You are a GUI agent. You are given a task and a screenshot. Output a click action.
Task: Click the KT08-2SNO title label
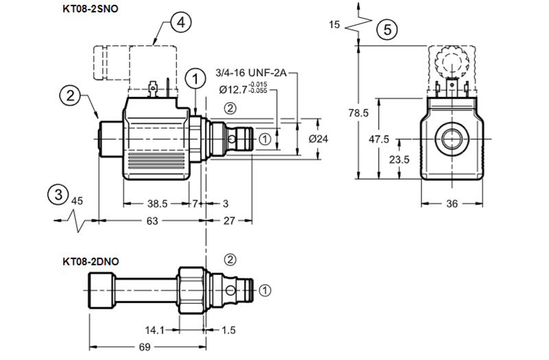click(x=91, y=8)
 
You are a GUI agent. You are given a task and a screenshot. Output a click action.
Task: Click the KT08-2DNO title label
click(x=91, y=261)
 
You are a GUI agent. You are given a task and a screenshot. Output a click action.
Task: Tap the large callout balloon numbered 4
click(x=181, y=23)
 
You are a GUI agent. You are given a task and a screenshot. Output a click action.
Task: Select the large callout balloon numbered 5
click(x=387, y=29)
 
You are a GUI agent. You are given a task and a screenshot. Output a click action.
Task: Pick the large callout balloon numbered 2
click(x=70, y=95)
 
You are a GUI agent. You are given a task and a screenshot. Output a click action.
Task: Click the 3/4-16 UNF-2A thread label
click(x=251, y=73)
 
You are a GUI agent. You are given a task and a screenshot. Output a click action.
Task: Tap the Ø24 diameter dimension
click(x=318, y=139)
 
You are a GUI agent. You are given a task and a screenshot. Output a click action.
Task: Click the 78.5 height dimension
click(x=358, y=112)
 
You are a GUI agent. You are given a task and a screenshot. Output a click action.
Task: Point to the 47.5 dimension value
click(x=379, y=139)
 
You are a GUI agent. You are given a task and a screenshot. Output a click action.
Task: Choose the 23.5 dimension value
click(x=399, y=160)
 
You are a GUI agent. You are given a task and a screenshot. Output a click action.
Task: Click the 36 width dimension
click(x=452, y=204)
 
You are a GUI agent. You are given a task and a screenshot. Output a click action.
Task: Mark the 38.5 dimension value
click(x=157, y=203)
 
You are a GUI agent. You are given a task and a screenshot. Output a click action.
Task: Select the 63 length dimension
click(x=152, y=221)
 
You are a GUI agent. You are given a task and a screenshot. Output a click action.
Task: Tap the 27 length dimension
click(x=229, y=221)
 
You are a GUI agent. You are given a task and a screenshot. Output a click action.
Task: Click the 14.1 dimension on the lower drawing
click(x=155, y=330)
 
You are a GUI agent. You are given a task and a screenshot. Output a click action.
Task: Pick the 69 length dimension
click(x=145, y=347)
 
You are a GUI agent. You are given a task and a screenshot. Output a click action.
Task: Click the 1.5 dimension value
click(x=229, y=330)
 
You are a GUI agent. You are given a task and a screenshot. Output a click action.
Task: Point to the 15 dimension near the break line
click(x=334, y=25)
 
